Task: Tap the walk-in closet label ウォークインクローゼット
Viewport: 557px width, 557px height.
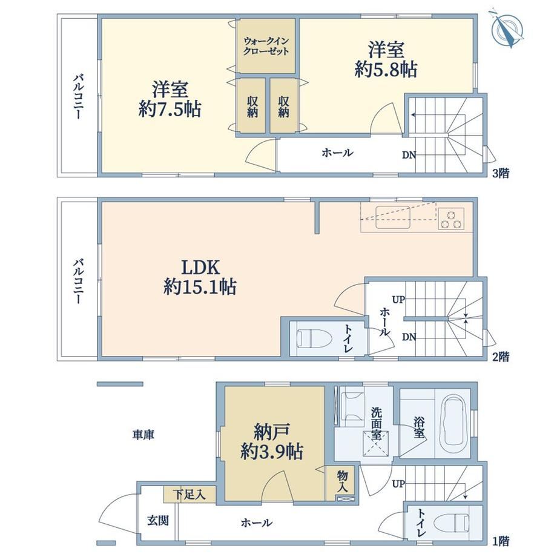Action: [266, 46]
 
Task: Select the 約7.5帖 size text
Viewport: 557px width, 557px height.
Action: [170, 109]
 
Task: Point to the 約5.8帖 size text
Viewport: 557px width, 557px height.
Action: [386, 69]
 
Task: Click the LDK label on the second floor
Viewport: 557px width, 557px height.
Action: [200, 267]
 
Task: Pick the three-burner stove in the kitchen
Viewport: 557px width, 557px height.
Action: [451, 219]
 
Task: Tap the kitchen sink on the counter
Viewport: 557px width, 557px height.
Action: [393, 217]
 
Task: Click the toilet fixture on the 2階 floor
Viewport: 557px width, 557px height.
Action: [314, 338]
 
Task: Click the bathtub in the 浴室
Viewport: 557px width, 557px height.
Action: [453, 423]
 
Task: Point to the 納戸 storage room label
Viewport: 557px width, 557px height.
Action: [272, 432]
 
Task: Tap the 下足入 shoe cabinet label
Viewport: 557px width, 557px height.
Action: [189, 494]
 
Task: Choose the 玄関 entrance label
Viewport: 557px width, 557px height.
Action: [158, 521]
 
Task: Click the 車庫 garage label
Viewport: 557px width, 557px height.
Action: [143, 435]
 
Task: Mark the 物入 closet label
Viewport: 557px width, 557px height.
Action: [342, 481]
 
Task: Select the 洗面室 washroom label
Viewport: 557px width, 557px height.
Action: [377, 423]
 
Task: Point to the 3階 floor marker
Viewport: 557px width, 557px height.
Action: [501, 173]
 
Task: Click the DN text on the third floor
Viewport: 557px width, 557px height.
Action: [409, 155]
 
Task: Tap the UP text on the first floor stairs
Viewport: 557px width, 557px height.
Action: [398, 484]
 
